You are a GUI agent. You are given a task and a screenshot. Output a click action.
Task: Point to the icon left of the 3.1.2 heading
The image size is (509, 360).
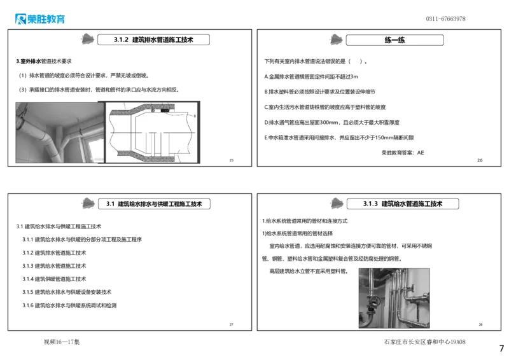click(x=87, y=39)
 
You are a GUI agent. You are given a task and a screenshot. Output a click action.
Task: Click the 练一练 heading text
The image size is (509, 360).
click(x=394, y=40)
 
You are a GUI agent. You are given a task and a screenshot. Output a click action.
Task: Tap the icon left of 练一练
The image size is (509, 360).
click(x=335, y=40)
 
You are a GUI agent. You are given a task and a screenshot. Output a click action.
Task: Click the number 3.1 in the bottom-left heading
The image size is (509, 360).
click(x=109, y=204)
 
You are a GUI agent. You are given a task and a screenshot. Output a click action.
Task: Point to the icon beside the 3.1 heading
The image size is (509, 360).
click(x=87, y=204)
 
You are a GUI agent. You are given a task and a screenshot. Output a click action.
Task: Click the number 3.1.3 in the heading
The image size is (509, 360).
click(x=370, y=204)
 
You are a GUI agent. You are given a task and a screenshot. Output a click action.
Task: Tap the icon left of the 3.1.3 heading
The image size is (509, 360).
click(x=335, y=204)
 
